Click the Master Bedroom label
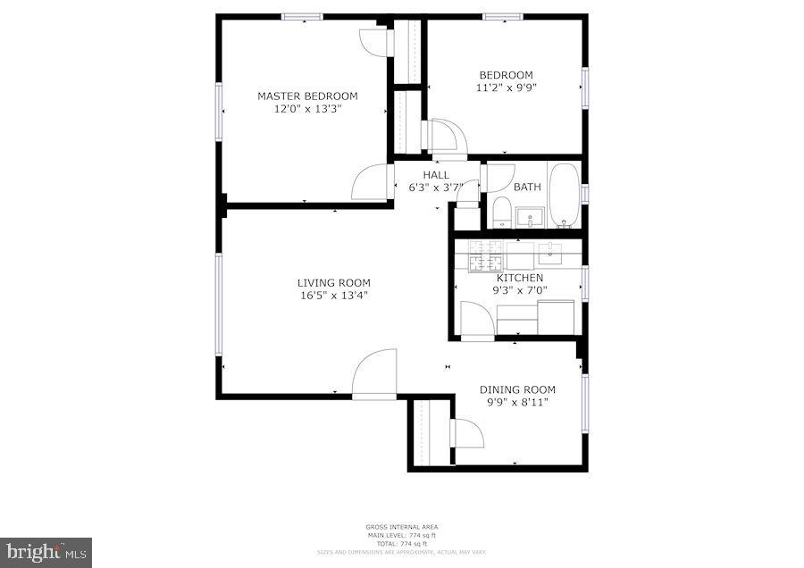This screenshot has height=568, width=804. coord(307,96)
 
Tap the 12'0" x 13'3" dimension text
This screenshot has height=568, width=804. coord(307,109)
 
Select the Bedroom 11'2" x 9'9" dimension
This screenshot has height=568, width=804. coord(506,88)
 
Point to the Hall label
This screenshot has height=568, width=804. coord(436,175)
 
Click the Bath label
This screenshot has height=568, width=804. coord(527,188)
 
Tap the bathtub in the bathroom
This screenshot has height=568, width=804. coord(564,195)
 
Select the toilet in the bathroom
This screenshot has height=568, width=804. coord(501,213)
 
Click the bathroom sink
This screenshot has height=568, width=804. coord(531,217)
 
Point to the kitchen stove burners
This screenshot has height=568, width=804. coord(486,255)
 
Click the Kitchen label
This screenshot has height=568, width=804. coord(519,278)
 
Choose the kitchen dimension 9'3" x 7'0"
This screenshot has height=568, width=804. coord(519,290)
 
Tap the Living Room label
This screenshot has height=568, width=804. coord(333,283)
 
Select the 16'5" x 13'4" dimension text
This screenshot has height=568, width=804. coord(333,296)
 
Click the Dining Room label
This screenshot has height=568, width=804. coord(517,389)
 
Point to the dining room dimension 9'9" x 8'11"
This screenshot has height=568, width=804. coord(517,402)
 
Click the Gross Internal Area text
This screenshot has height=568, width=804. coord(401,527)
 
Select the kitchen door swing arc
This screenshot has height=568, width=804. coord(475,319)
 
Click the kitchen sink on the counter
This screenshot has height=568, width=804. coord(549,253)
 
